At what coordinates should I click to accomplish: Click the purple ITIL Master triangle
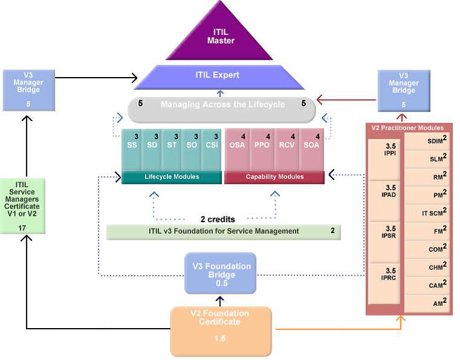pyautogui.click(x=220, y=37)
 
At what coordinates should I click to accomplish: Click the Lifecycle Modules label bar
pyautogui.click(x=172, y=177)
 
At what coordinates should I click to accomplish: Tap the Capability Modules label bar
pyautogui.click(x=274, y=177)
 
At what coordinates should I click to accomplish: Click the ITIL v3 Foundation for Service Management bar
pyautogui.click(x=223, y=232)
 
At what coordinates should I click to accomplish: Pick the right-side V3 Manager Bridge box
pyautogui.click(x=403, y=90)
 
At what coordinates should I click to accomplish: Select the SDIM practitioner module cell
pyautogui.click(x=427, y=141)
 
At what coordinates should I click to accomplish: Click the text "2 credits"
pyautogui.click(x=217, y=219)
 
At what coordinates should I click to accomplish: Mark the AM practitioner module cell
pyautogui.click(x=427, y=303)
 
